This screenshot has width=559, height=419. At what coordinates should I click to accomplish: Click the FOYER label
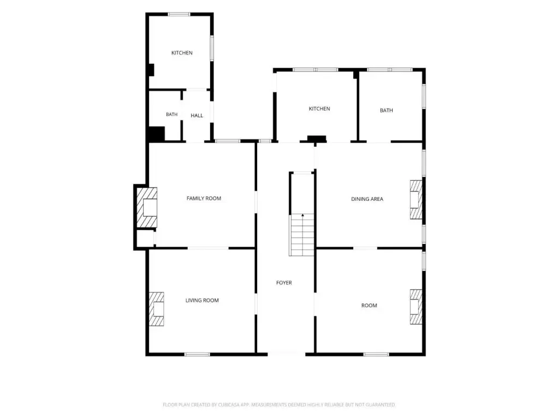click(x=284, y=283)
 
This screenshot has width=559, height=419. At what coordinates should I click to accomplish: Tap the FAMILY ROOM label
click(x=204, y=199)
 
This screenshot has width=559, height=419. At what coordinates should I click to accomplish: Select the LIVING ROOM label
click(x=202, y=301)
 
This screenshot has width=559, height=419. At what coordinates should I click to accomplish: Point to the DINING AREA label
click(x=367, y=199)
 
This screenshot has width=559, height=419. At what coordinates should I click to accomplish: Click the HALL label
click(x=197, y=116)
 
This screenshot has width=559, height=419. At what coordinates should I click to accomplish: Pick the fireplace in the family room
click(x=147, y=208)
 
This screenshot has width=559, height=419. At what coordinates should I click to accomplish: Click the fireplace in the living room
click(x=157, y=309)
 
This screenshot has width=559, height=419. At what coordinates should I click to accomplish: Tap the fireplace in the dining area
click(x=415, y=200)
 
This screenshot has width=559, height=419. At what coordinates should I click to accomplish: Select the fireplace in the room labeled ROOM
click(x=415, y=307)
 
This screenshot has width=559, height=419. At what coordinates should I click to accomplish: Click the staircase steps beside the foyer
click(x=302, y=235)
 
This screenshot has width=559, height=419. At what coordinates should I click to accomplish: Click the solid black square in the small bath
click(x=157, y=134)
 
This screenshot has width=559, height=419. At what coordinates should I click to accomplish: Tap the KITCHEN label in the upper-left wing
click(x=182, y=53)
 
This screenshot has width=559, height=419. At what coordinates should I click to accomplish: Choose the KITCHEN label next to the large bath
click(x=319, y=109)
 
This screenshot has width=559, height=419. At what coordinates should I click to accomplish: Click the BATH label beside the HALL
click(x=171, y=115)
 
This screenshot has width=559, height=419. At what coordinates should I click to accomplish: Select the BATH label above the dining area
click(x=386, y=110)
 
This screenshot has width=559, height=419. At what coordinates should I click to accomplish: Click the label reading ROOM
click(x=369, y=306)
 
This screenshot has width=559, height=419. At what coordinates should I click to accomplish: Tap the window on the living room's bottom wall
click(x=197, y=354)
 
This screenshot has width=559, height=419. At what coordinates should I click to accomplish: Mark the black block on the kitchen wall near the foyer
click(x=317, y=139)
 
